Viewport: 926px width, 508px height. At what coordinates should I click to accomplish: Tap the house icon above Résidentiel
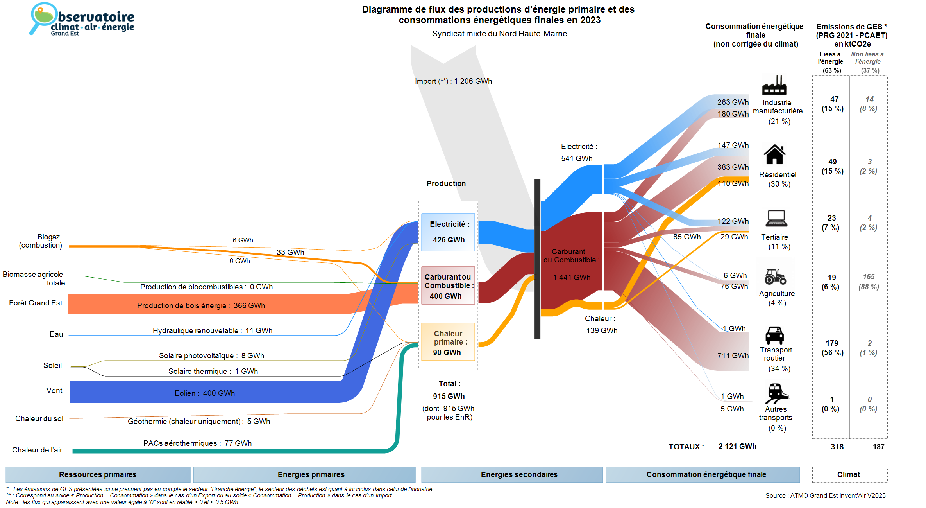point(774,154)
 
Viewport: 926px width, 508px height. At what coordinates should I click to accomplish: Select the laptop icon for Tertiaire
point(776,218)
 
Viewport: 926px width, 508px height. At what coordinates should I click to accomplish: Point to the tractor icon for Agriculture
point(775,276)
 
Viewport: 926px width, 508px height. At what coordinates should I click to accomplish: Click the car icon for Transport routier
point(774,335)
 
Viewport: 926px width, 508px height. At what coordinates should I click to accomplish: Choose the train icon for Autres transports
point(776,393)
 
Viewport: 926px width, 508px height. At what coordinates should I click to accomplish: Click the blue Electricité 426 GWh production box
point(448,232)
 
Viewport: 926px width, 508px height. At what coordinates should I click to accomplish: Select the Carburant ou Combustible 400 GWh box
point(448,286)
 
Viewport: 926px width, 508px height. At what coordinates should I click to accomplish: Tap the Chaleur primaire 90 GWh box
point(448,342)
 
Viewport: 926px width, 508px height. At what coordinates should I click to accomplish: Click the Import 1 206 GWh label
point(453,81)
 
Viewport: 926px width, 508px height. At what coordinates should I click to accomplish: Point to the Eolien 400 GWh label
point(205,393)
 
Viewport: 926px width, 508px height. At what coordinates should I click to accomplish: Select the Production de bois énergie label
point(201,305)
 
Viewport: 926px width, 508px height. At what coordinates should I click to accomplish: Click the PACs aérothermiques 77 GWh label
point(197,443)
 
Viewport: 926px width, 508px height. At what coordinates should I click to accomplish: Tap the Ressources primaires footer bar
point(98,474)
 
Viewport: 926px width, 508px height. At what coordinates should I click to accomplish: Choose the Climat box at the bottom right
point(849,474)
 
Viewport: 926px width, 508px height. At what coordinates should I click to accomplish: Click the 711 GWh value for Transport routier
point(733,355)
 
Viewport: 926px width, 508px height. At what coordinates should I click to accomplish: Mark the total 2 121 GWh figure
point(737,446)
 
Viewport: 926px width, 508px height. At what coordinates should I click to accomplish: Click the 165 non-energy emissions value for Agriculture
point(869,276)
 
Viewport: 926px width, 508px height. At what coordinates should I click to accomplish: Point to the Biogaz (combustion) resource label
point(41,241)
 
